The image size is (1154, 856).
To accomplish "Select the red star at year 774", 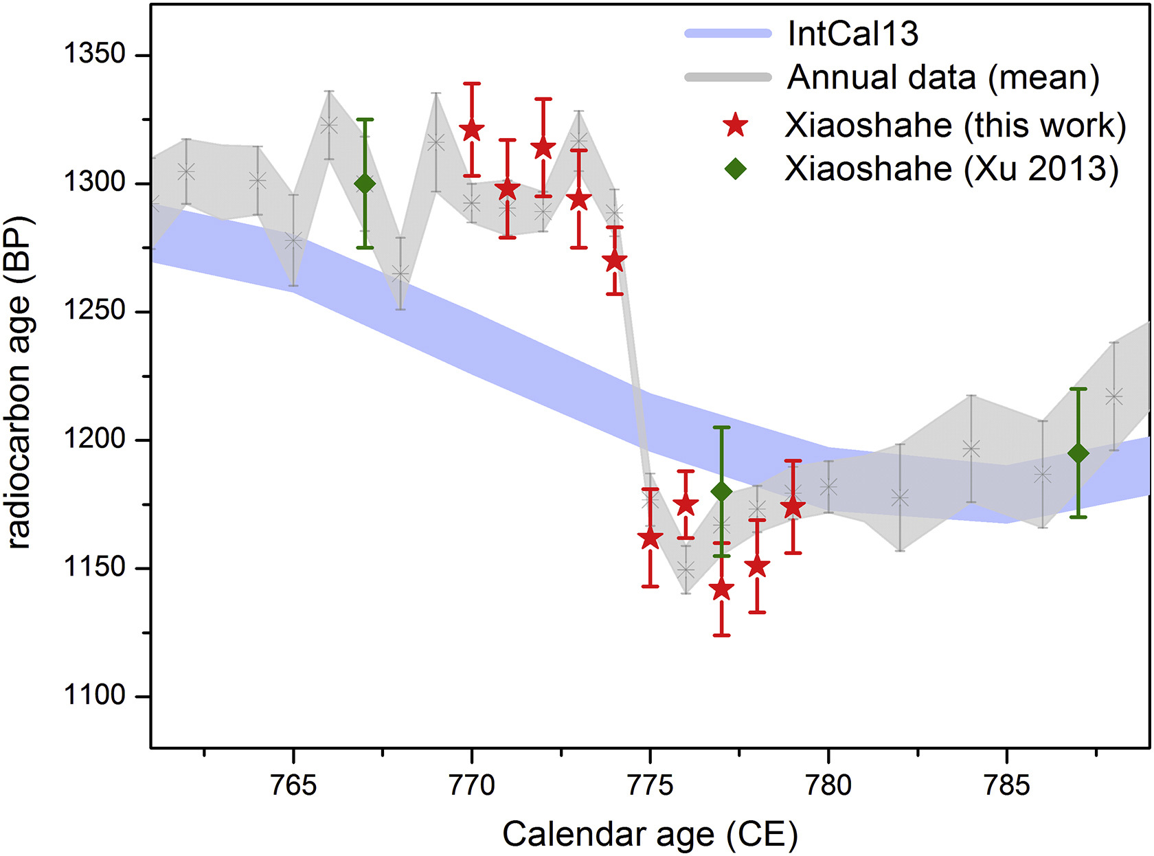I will coord(615,261).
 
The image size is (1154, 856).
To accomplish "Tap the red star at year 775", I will coord(650,538).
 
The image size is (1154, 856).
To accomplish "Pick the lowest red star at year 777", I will coord(721,589).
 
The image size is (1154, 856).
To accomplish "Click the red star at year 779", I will coord(793,507).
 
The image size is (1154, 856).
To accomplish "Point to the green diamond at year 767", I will coord(365,183).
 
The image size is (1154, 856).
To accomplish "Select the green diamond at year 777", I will coord(721,491).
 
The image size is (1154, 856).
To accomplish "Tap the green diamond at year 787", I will coord(1078,453).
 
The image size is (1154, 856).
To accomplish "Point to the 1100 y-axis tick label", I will coord(95,695).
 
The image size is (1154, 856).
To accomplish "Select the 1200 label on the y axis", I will coord(95,439).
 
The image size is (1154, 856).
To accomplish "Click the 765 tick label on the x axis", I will coord(293,785).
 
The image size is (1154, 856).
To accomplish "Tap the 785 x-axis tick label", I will coord(1007,785).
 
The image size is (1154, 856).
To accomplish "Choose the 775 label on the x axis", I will coord(650,785).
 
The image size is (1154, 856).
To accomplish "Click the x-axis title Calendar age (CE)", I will coord(650,834).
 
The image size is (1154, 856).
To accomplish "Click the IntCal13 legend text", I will coord(852,34).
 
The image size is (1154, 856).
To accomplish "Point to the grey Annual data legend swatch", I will coord(728,77).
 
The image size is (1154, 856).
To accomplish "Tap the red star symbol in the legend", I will coord(736,125).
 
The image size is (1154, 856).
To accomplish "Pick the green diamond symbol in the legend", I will coord(736,168).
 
